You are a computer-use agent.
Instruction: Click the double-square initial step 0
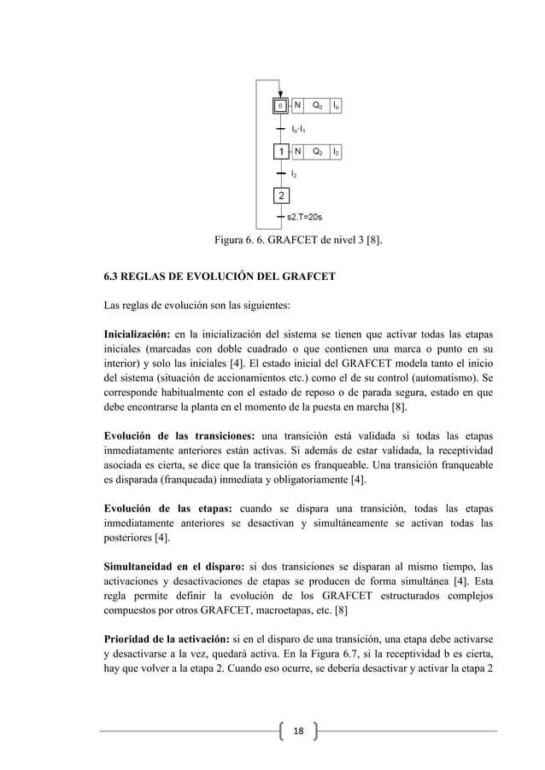coord(280,106)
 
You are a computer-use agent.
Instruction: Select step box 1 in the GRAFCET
coord(280,151)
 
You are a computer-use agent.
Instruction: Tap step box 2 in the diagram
coord(280,196)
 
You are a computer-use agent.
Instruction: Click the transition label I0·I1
coord(299,128)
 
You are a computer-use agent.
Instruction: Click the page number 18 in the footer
coord(299,732)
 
